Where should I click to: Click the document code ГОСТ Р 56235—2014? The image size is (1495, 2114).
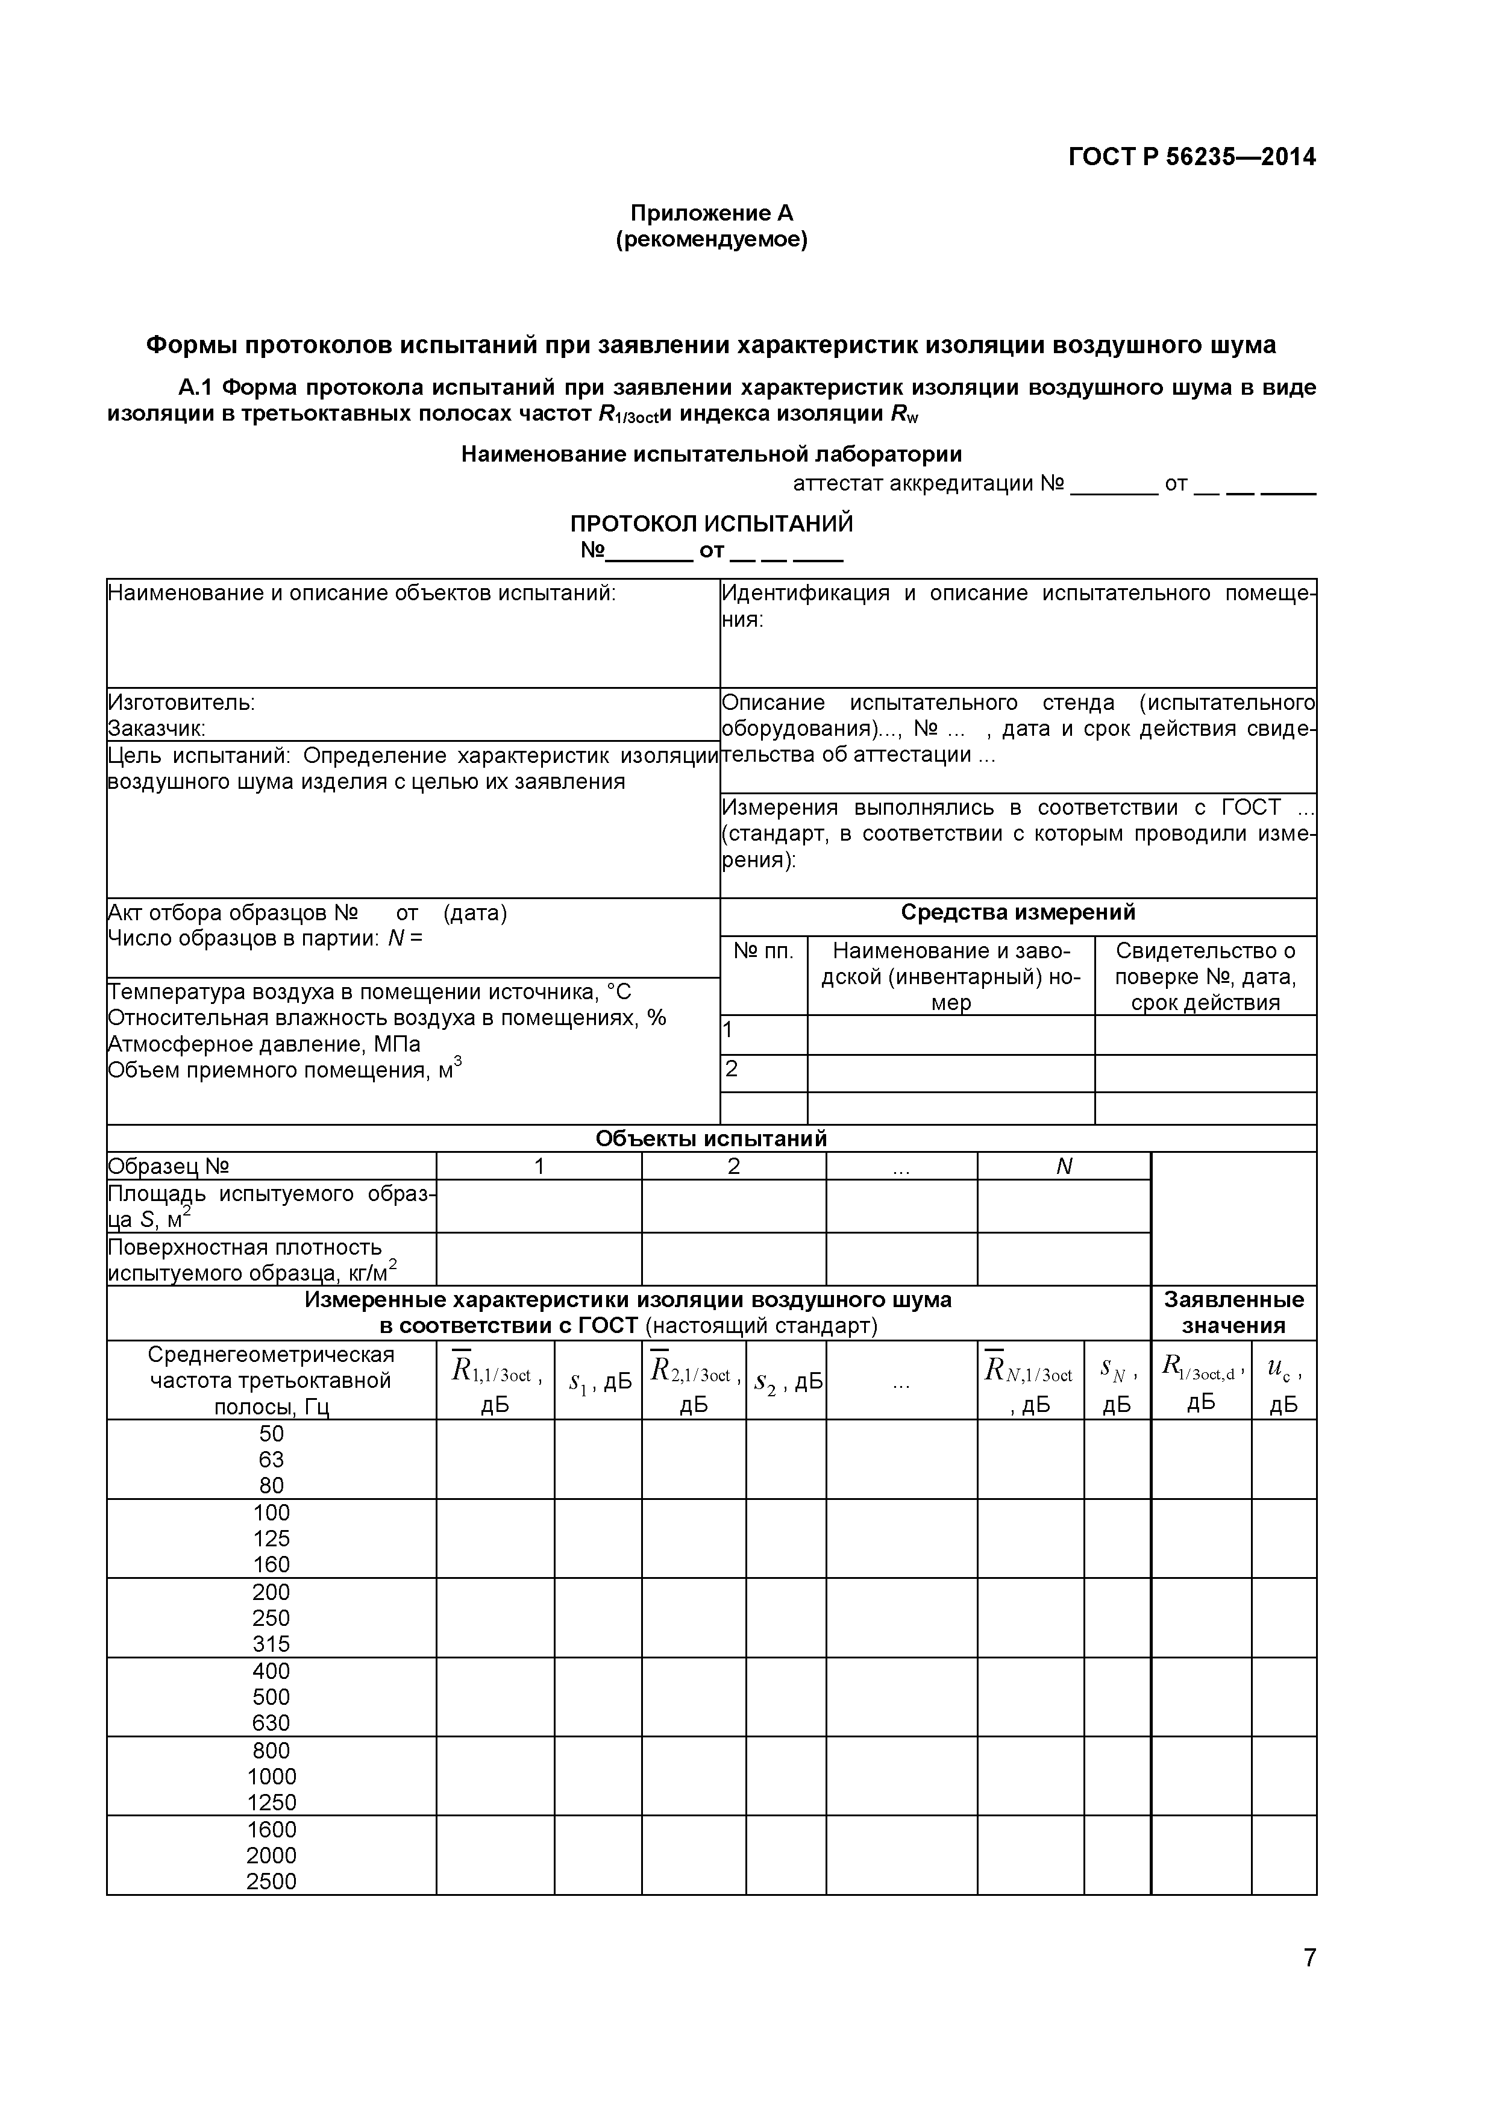coord(1191,157)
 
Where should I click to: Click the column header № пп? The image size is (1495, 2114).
coord(763,951)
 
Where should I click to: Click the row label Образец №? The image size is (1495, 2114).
coord(169,1167)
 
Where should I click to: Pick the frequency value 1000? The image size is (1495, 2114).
coord(272,1777)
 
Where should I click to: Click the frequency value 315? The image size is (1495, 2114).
coord(272,1645)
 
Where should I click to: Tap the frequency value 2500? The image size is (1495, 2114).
coord(272,1882)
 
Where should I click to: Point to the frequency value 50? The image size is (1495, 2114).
coord(272,1434)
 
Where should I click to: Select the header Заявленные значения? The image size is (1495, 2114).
coord(1233,1313)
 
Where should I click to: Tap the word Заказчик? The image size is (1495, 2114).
coord(157,729)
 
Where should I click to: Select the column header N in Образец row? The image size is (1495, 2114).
coord(1064,1167)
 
